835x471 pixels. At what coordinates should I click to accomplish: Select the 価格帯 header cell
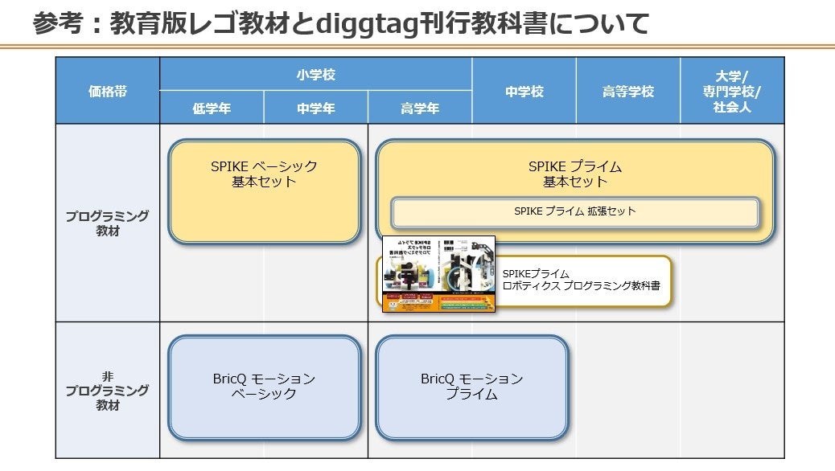click(x=107, y=91)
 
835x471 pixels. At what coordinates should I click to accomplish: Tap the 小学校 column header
click(x=315, y=75)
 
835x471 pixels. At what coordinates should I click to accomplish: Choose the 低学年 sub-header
click(x=212, y=109)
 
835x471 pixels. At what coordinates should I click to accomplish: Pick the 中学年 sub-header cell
click(x=315, y=109)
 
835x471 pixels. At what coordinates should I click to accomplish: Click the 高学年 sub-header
click(x=420, y=109)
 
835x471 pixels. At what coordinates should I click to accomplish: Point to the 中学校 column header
click(x=524, y=91)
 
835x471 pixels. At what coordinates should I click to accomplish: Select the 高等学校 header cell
click(x=627, y=91)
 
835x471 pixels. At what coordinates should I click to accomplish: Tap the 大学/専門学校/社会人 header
click(x=731, y=91)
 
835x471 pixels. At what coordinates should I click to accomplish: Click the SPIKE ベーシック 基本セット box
click(x=264, y=191)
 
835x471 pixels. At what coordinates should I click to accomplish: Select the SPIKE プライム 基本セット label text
click(x=574, y=174)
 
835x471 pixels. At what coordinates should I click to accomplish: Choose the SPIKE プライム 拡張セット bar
click(x=574, y=212)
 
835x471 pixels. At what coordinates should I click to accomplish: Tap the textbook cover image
click(x=438, y=274)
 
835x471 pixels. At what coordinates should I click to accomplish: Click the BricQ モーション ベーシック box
click(x=264, y=387)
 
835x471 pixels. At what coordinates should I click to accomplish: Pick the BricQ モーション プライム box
click(x=471, y=387)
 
